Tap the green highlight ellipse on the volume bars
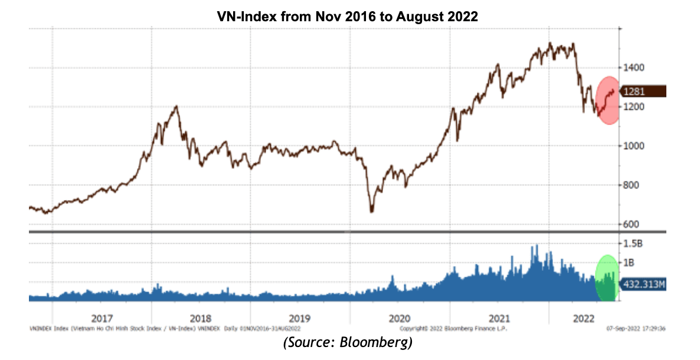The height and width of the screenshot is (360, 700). tap(606, 277)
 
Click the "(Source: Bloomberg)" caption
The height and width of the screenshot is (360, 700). tap(348, 343)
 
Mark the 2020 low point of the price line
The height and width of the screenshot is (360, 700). tap(372, 211)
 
